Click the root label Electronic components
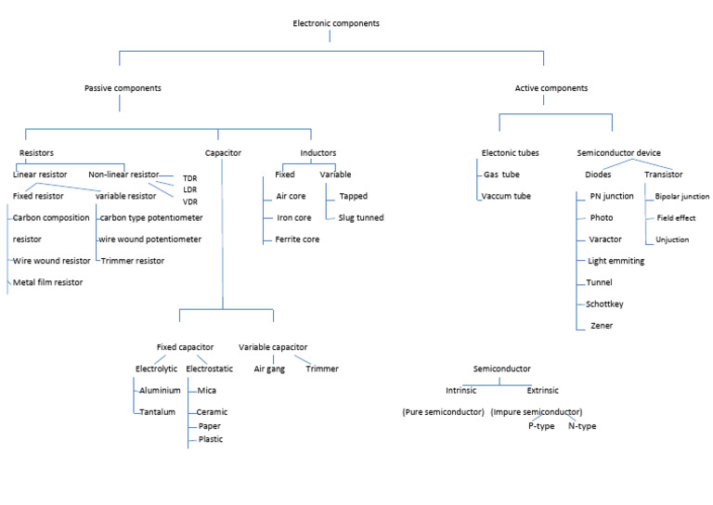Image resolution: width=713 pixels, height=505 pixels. [329, 22]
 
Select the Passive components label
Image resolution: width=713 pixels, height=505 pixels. [122, 88]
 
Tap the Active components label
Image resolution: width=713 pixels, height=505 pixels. [551, 88]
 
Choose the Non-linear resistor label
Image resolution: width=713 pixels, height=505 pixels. [123, 175]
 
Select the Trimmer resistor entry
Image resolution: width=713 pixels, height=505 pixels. [133, 261]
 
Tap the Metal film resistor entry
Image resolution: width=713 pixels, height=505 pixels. [48, 282]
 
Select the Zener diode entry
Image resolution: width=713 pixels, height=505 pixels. [602, 325]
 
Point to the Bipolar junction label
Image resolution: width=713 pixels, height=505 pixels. [682, 197]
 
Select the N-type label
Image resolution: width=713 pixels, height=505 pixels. [582, 426]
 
